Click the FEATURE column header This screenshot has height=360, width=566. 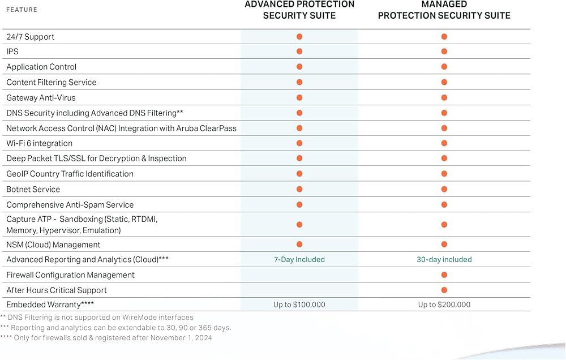22,10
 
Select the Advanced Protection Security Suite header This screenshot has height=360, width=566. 299,10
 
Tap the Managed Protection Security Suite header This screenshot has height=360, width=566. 444,10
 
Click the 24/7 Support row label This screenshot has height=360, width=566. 31,37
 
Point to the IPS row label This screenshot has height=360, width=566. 12,52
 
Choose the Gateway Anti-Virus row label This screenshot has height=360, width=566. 41,97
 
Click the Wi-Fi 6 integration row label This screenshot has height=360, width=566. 40,143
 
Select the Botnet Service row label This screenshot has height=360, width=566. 33,189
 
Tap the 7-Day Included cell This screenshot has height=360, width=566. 299,259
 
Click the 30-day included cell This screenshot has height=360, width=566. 444,259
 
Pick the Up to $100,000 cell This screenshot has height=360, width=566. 299,305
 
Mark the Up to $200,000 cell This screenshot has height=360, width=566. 444,305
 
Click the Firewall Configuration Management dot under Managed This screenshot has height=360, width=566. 444,275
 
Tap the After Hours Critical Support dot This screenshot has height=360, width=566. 444,290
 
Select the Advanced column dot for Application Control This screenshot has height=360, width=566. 299,67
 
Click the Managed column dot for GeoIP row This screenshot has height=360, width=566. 444,174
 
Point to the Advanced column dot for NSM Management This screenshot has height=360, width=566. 299,244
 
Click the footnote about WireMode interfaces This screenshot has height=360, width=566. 97,317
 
